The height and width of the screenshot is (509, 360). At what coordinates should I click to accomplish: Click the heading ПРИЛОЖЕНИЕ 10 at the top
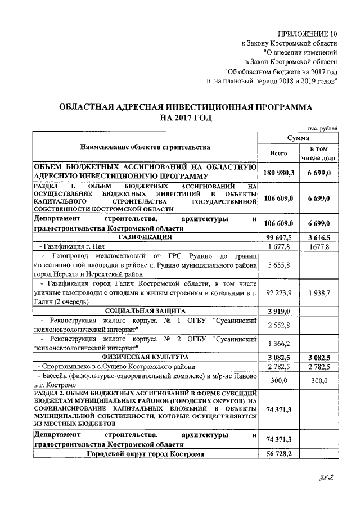[310, 34]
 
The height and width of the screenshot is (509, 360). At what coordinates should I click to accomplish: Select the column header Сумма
[296, 137]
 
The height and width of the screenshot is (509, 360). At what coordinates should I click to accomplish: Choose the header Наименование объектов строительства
[145, 147]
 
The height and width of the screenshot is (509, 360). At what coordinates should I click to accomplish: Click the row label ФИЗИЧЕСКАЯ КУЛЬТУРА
[145, 357]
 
